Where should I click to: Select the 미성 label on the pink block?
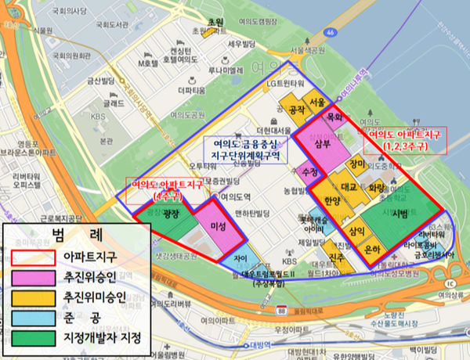click(x=219, y=227)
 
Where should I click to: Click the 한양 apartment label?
click(x=332, y=202)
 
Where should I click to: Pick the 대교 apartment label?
click(x=349, y=187)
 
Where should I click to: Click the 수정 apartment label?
click(x=309, y=171)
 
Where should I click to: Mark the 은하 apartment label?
click(x=373, y=249)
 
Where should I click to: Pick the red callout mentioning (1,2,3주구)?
click(x=404, y=139)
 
